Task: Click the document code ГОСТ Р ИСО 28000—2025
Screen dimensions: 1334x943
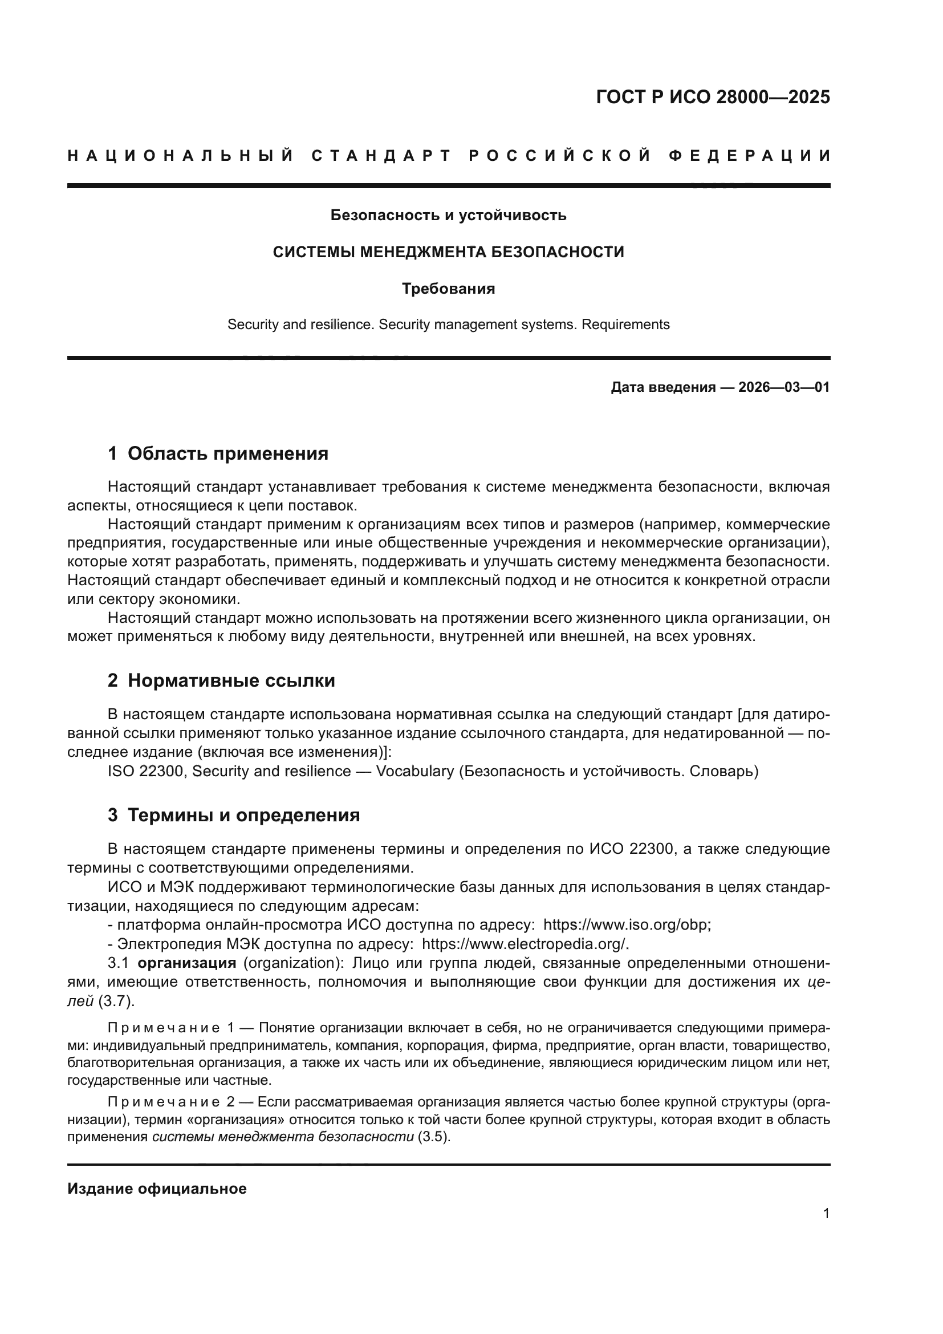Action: click(713, 97)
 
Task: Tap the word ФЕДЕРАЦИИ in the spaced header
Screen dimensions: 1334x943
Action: click(750, 156)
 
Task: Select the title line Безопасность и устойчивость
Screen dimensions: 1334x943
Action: click(448, 216)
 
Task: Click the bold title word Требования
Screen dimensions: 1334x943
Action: click(448, 289)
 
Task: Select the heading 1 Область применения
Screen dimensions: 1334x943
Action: click(218, 453)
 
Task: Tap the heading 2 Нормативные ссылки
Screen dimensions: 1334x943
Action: click(221, 680)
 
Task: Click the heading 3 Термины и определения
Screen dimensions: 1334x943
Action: click(233, 815)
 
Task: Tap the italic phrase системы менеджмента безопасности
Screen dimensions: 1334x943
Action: click(283, 1137)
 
